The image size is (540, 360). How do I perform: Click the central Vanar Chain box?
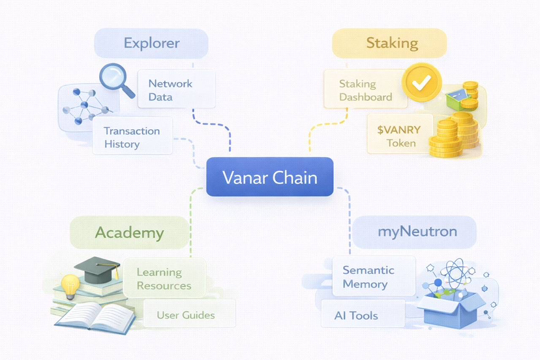coord(269,177)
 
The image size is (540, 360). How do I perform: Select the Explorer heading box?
coord(151,44)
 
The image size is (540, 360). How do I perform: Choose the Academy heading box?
coord(129,233)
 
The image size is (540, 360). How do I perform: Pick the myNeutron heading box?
coord(414,232)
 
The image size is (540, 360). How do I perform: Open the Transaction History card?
coord(132,136)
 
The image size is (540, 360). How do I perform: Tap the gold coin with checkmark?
coord(422,82)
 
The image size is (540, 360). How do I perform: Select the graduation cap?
coord(97,269)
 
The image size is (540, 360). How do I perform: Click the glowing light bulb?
coord(70,285)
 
